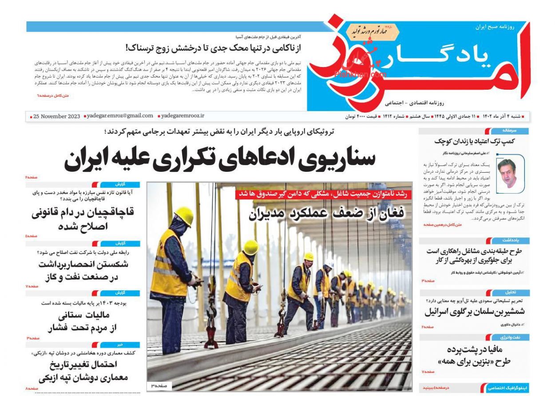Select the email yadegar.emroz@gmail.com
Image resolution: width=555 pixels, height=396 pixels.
click(120, 116)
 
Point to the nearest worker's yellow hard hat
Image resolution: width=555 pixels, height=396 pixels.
click(184, 216)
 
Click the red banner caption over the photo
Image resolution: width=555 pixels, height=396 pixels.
click(323, 194)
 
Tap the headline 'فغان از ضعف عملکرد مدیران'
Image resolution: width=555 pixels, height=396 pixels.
click(326, 213)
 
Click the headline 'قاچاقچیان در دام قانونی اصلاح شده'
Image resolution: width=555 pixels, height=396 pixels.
click(83, 219)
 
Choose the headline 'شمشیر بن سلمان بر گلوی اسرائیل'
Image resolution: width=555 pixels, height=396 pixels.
click(474, 311)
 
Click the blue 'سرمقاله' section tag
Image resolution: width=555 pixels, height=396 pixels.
click(509, 131)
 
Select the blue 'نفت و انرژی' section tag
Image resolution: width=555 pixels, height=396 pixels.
click(509, 337)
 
